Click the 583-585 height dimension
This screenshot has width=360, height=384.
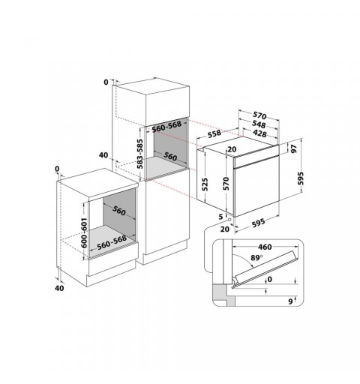pos(140,154)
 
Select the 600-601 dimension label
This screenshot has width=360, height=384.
pos(84,232)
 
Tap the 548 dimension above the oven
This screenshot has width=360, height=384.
pos(259,124)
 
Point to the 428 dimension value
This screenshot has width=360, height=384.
pos(259,133)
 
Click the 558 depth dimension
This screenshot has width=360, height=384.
pos(214,133)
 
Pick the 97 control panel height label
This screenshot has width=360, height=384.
pos(294,148)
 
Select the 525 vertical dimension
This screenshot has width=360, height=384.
pos(205,184)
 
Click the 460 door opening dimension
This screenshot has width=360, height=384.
pos(265,247)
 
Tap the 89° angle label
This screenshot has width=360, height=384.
pos(256,258)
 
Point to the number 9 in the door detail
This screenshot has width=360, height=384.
pos(290,301)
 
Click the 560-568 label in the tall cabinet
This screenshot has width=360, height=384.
pos(166,127)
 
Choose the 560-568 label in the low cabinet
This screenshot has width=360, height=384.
pos(112,243)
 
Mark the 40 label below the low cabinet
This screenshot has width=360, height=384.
pos(59,288)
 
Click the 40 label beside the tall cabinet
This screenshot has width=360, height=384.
pos(103,155)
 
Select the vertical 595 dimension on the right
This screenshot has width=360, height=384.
pos(301,178)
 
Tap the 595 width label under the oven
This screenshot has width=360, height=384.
pos(258,223)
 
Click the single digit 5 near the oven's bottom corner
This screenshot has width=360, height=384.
pos(220,217)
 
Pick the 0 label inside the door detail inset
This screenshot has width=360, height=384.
pos(269,279)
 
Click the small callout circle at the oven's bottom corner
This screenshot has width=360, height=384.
pos(229,220)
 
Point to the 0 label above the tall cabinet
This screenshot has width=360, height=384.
pos(106,82)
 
